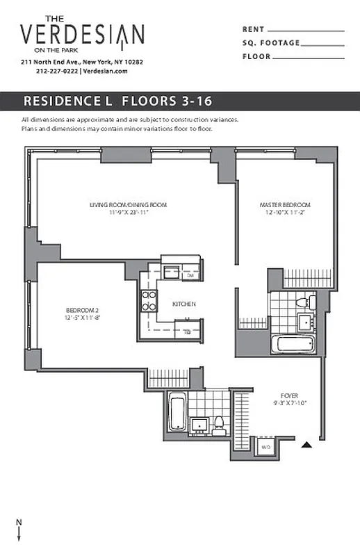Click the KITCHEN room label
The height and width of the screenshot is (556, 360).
pos(184,304)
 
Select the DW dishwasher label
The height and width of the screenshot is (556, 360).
pos(190,276)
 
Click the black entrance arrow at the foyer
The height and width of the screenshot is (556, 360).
pos(305,444)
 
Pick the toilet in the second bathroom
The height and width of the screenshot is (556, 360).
pos(218,422)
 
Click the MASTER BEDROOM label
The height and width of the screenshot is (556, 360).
pos(285,205)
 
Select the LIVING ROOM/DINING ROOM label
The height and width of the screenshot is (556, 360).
pos(129,205)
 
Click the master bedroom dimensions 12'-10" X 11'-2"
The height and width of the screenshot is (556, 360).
pos(285,212)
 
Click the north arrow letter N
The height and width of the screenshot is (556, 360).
pos(19,521)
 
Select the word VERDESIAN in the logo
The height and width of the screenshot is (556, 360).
pos(82,35)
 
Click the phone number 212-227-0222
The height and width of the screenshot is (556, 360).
pos(56,71)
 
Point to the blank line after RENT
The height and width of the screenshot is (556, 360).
pos(306,31)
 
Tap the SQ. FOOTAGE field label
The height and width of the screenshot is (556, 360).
pos(271,43)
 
